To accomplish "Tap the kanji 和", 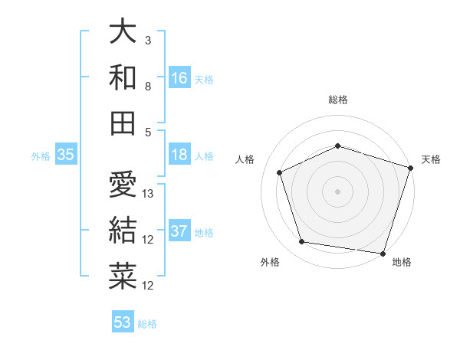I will tap(123, 77).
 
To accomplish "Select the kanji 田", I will tap(123, 122).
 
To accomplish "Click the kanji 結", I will tap(123, 230).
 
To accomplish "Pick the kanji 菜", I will tap(123, 276).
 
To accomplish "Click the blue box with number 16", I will tap(179, 77).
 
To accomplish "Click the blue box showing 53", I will tap(123, 322).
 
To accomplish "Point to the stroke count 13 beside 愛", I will tap(149, 194).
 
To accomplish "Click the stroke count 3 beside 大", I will tap(148, 40).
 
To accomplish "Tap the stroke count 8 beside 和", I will tap(148, 87).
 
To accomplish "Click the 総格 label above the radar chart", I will tap(338, 100).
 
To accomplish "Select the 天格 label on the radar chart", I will tap(431, 160).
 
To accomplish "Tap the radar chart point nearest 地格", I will tap(382, 253).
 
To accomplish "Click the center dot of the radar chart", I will tap(338, 191).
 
